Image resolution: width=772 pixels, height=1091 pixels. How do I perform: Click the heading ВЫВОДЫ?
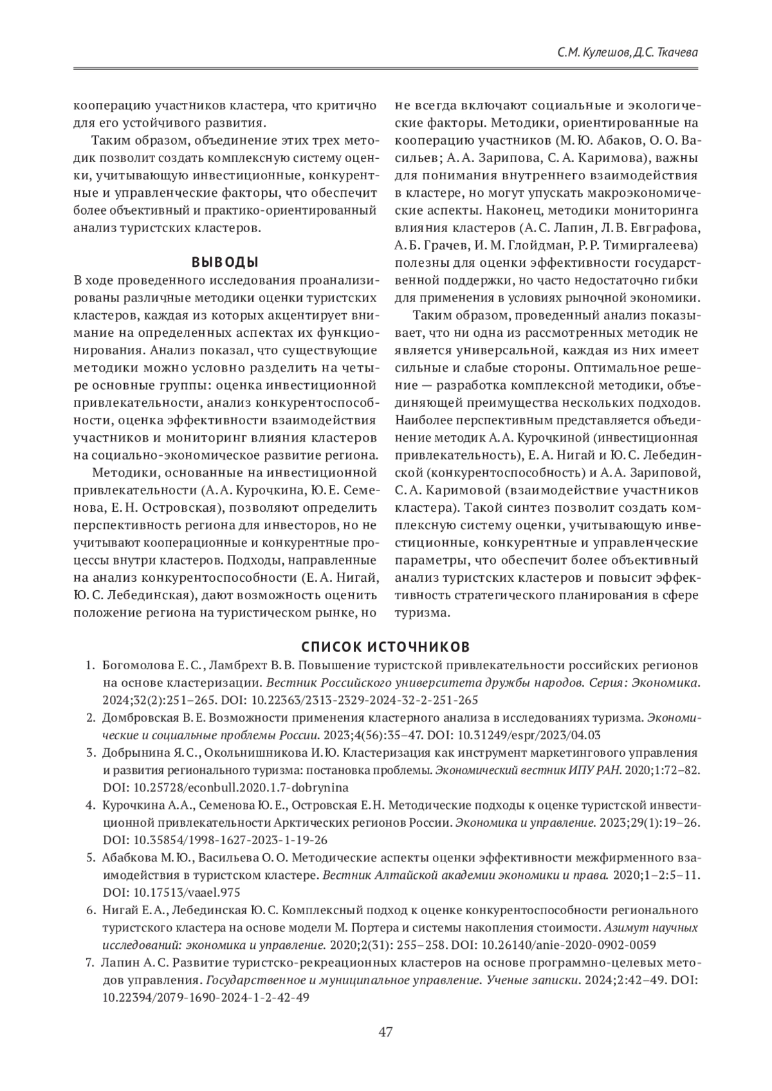pyautogui.click(x=225, y=262)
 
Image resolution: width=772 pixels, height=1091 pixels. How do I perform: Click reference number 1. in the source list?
pyautogui.click(x=91, y=665)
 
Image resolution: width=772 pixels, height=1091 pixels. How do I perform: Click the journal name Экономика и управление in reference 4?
pyautogui.click(x=524, y=823)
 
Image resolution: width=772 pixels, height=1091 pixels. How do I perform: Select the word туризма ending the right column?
pyautogui.click(x=421, y=613)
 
